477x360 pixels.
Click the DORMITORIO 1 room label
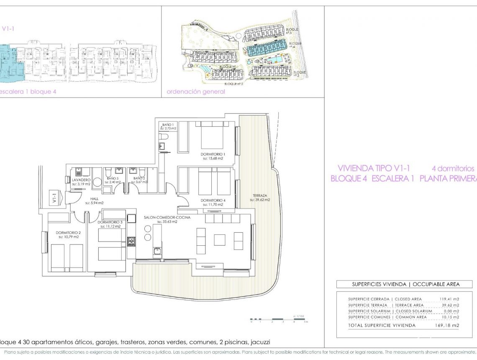(213, 154)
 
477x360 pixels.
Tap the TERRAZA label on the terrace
(259, 195)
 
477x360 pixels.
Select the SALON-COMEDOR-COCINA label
(167, 217)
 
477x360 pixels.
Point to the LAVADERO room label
(80, 179)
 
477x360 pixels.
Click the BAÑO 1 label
(167, 125)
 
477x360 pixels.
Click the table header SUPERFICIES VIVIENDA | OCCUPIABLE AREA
(404, 284)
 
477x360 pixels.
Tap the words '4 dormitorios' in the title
(453, 168)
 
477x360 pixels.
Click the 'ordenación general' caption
(195, 92)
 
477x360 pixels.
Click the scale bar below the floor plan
(279, 319)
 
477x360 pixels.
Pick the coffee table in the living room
(220, 240)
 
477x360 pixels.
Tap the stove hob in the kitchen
(131, 241)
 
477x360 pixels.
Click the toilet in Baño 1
(164, 136)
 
